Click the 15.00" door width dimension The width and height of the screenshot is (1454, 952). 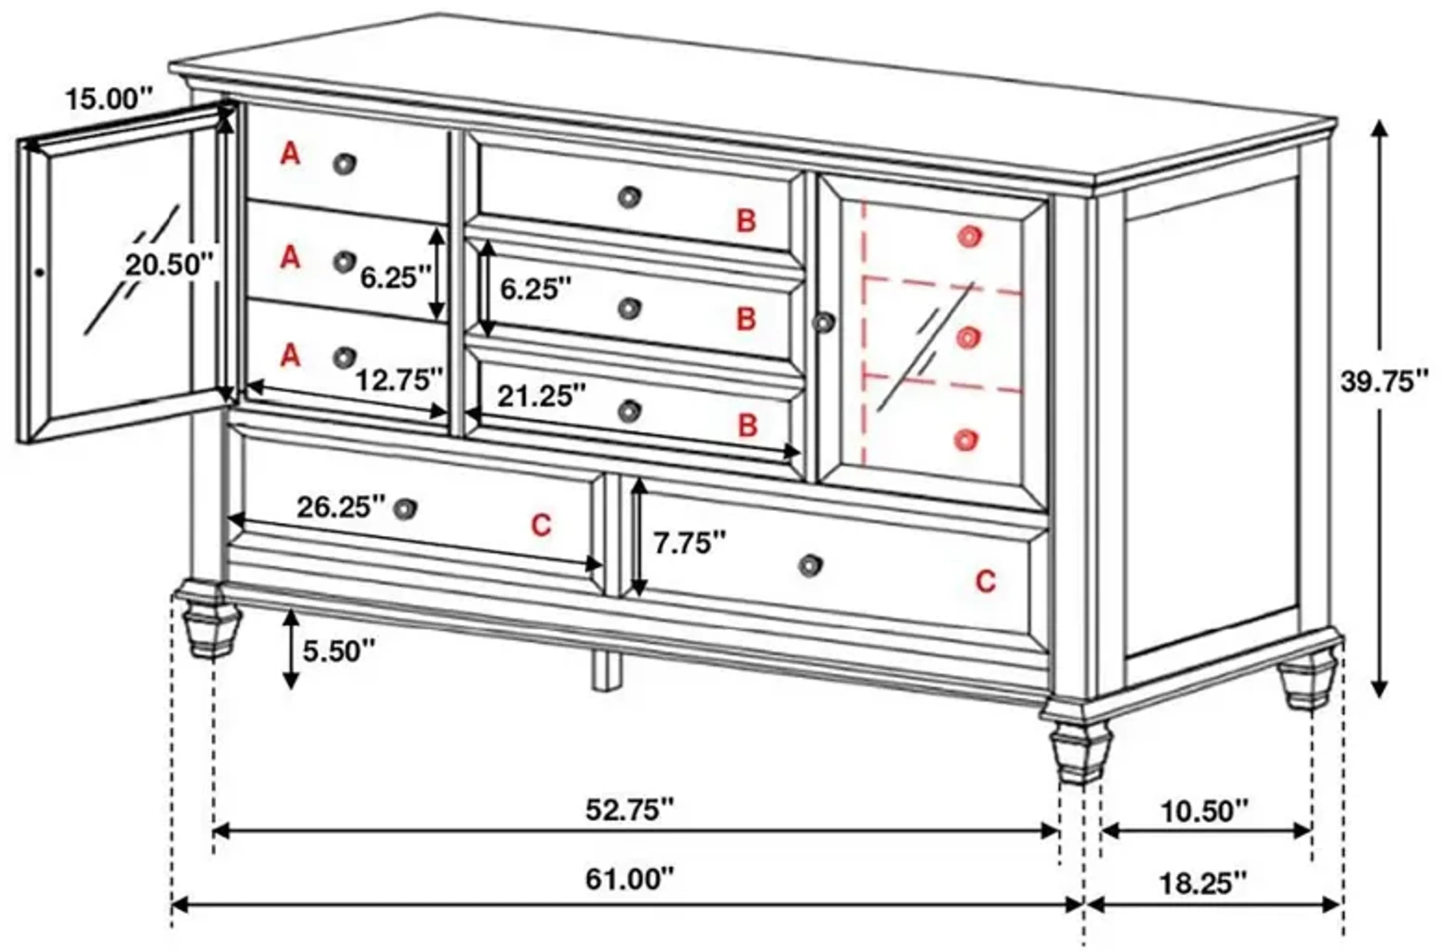tap(109, 99)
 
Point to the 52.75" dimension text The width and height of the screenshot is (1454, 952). tap(629, 810)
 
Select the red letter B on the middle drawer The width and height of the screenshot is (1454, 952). tap(746, 319)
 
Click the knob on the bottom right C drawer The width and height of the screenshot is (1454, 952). tap(810, 565)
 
